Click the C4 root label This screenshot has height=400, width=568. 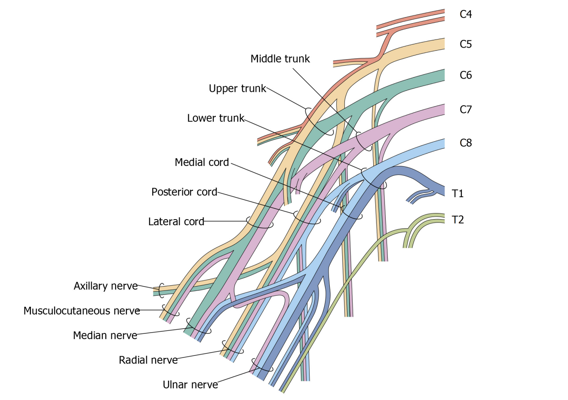[x=466, y=15]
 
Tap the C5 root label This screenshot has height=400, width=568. [x=466, y=44]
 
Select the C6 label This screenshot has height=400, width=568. [x=466, y=75]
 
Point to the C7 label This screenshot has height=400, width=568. [x=466, y=110]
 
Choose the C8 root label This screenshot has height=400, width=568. [x=466, y=143]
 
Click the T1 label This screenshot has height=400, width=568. [x=458, y=194]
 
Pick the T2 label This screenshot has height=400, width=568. [x=458, y=220]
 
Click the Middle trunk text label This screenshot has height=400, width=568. [x=280, y=59]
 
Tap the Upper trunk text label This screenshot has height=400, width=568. [x=237, y=89]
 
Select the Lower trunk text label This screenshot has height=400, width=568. [x=215, y=118]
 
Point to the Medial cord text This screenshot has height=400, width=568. [x=202, y=162]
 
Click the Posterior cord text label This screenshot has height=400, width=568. [x=184, y=192]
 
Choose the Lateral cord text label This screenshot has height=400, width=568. [x=176, y=222]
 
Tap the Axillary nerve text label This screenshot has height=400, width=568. [x=105, y=286]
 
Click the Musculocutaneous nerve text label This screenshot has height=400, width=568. [x=82, y=311]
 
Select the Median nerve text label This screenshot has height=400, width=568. [x=105, y=336]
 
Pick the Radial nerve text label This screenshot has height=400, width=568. [x=148, y=360]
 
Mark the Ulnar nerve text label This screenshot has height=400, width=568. [x=190, y=385]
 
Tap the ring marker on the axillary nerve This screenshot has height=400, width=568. [x=161, y=290]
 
